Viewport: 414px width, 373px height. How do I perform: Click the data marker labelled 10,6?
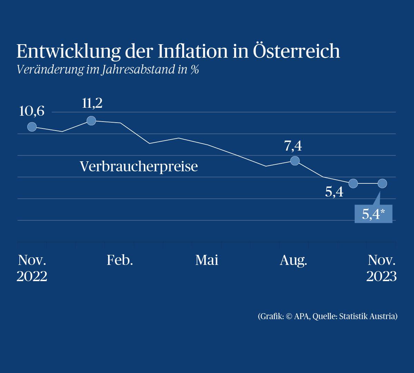click(32, 127)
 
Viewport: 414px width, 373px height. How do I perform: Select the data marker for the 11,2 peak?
click(91, 121)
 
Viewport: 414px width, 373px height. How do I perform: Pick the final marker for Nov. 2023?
click(382, 183)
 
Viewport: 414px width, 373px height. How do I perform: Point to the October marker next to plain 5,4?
click(353, 183)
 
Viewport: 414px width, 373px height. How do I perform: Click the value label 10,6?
click(31, 111)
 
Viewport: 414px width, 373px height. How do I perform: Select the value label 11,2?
click(92, 103)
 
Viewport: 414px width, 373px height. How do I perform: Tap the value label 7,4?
click(293, 146)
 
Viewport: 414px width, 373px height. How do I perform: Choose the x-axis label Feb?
click(120, 260)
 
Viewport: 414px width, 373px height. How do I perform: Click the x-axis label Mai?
click(207, 260)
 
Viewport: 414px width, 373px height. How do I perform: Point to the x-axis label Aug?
click(293, 260)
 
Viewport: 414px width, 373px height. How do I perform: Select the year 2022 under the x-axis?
click(32, 277)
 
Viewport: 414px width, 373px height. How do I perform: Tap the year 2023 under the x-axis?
click(381, 277)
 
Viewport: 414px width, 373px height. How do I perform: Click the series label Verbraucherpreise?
click(139, 166)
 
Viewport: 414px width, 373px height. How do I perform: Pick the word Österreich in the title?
click(296, 51)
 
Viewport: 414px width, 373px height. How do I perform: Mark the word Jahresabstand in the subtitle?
click(138, 69)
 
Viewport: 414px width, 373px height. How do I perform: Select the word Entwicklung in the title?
click(68, 51)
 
